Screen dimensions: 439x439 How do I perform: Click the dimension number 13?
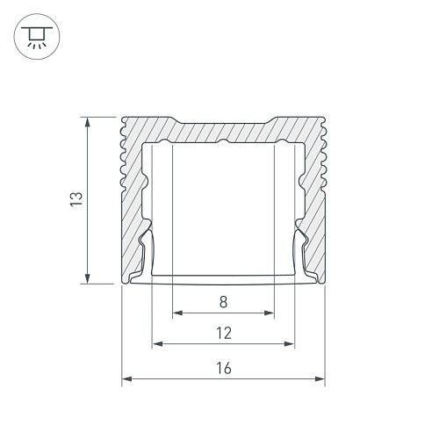pyautogui.click(x=76, y=199)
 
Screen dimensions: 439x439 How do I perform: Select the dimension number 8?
pyautogui.click(x=223, y=302)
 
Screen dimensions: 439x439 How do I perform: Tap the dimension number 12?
pyautogui.click(x=224, y=333)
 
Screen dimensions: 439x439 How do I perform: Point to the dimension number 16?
pyautogui.click(x=224, y=368)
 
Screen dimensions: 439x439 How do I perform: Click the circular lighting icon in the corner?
pyautogui.click(x=37, y=36)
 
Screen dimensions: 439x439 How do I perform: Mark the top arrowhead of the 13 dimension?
pyautogui.click(x=87, y=122)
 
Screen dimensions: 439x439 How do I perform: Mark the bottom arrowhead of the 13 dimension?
pyautogui.click(x=87, y=278)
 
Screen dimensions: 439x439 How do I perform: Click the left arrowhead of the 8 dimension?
pyautogui.click(x=177, y=313)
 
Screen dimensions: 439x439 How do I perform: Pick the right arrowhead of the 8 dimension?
pyautogui.click(x=269, y=313)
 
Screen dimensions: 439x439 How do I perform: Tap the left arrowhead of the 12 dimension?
pyautogui.click(x=157, y=343)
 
